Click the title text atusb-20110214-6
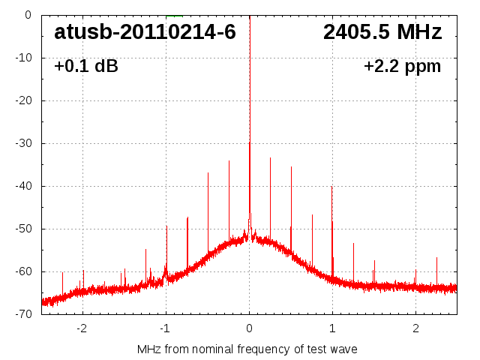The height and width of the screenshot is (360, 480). [x=145, y=32]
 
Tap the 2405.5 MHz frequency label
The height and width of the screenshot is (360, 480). [x=382, y=32]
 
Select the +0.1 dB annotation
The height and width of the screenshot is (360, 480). [x=85, y=67]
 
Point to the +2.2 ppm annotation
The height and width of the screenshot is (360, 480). [x=402, y=67]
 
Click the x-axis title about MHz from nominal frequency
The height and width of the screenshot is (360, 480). [x=247, y=349]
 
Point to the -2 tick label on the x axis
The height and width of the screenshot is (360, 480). [x=82, y=328]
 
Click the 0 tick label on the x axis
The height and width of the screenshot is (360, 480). [x=249, y=328]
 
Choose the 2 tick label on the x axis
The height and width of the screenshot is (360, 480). [x=415, y=328]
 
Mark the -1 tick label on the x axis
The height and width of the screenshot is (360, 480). [x=165, y=328]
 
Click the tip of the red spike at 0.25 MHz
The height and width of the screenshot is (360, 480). [x=270, y=157]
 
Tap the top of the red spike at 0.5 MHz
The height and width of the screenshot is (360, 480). [x=291, y=166]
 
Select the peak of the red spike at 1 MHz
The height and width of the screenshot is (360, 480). [x=332, y=187]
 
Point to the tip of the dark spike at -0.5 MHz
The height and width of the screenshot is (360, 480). [x=208, y=172]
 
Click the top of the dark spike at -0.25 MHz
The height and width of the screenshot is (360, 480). [x=229, y=160]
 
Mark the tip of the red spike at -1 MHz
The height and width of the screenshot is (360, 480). [x=166, y=226]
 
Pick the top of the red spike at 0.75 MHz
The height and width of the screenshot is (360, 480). [x=312, y=214]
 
